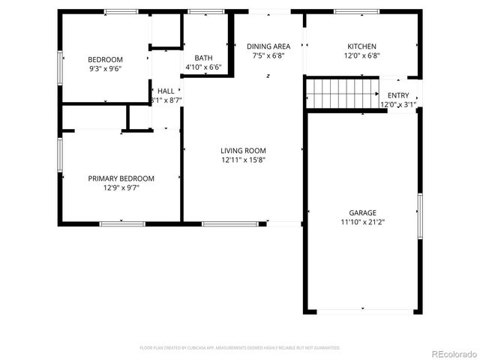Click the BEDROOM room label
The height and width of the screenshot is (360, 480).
click(105, 59)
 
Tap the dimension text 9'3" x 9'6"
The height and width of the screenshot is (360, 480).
click(105, 68)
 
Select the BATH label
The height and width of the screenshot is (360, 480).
click(203, 58)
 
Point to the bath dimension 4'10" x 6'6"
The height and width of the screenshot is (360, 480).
click(203, 67)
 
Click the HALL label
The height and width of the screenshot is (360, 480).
click(166, 91)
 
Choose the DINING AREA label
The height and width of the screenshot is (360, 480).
click(268, 46)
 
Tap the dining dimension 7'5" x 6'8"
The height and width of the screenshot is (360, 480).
click(268, 55)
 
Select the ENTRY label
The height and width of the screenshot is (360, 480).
click(398, 96)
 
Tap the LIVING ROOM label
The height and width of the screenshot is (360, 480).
click(243, 150)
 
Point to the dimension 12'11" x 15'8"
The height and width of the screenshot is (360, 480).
click(243, 160)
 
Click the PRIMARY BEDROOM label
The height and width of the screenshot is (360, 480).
click(121, 178)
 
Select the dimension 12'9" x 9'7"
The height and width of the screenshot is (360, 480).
click(121, 187)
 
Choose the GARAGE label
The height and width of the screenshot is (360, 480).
click(362, 213)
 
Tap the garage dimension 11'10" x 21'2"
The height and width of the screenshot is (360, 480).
click(362, 222)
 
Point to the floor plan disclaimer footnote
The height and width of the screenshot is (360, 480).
click(240, 348)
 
